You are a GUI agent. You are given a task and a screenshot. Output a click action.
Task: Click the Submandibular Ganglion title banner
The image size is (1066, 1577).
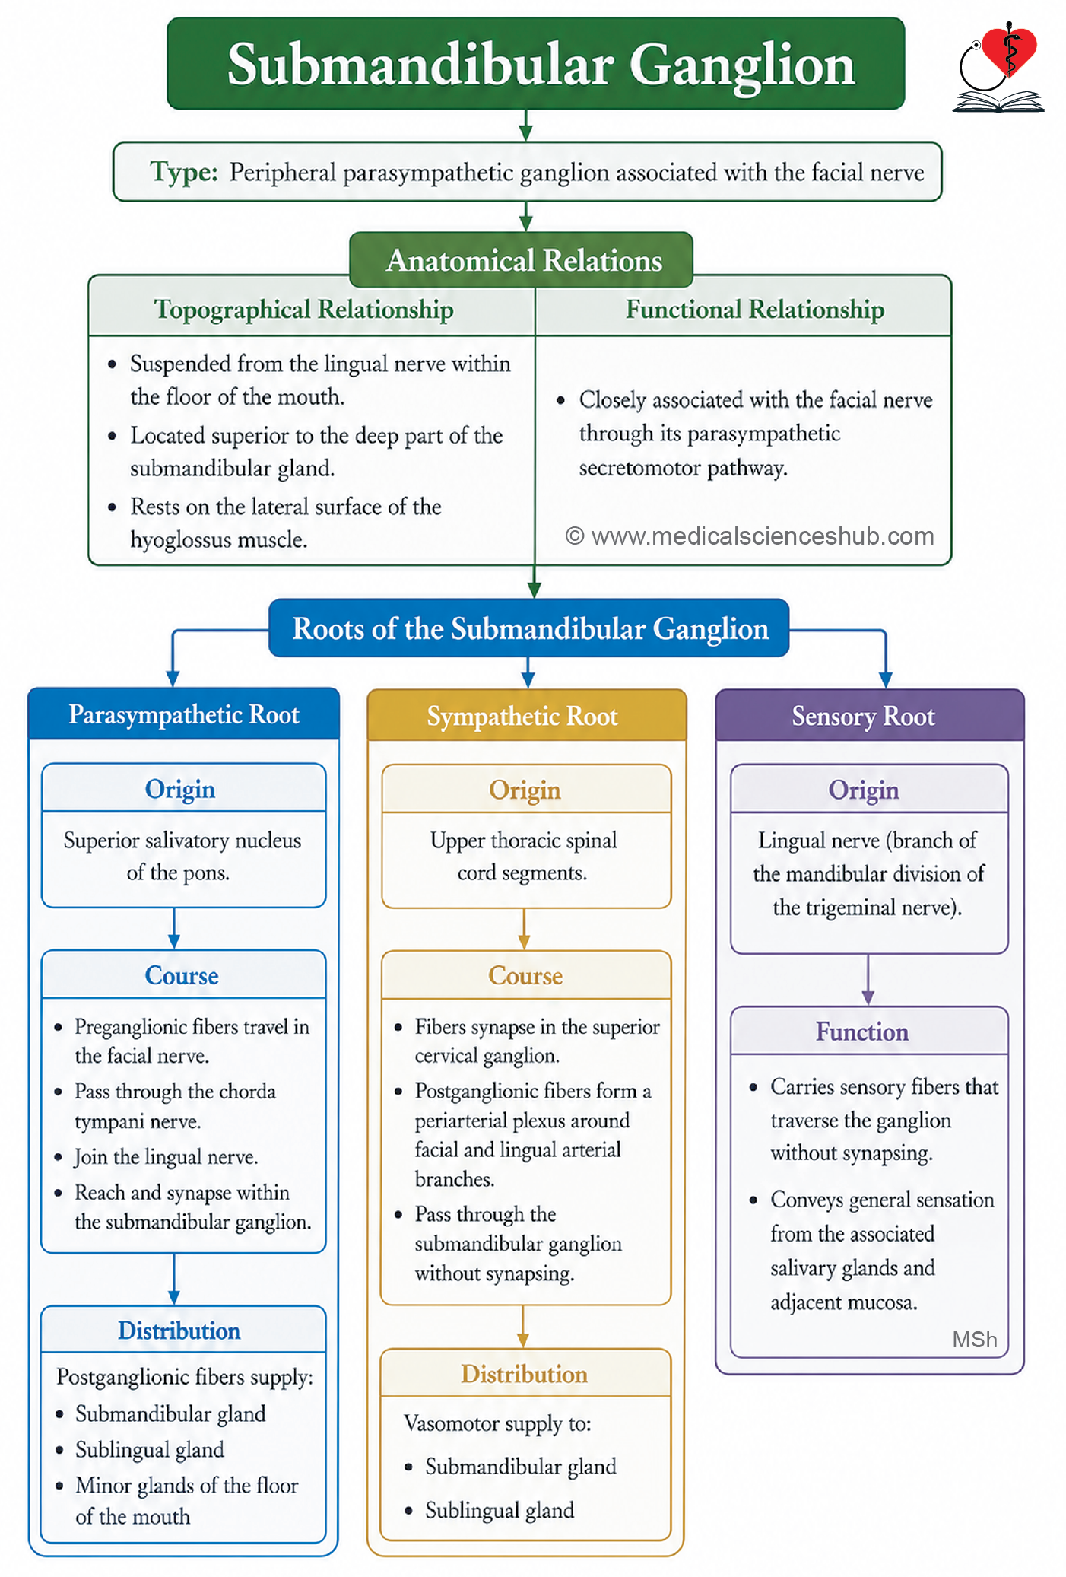[535, 64]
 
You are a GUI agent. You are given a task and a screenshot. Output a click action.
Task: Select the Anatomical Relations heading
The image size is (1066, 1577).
[524, 260]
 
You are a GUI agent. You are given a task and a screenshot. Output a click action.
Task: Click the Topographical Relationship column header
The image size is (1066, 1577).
[304, 310]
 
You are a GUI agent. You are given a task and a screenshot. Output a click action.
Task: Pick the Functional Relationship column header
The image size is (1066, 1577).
[755, 310]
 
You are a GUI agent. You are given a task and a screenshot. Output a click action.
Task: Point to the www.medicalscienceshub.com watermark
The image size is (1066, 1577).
[750, 536]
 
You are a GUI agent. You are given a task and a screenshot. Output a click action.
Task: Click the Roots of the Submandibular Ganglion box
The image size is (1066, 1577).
[530, 628]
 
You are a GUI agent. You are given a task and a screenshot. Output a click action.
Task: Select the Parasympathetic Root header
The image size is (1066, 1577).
[184, 714]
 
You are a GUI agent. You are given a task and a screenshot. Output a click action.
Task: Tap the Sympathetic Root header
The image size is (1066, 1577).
[522, 716]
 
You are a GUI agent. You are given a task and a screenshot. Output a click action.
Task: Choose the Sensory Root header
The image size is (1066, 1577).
[863, 716]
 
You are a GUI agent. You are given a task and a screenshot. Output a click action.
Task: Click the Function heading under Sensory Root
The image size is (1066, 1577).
[862, 1032]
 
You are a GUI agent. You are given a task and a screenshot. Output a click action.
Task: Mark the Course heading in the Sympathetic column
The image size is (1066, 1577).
[525, 975]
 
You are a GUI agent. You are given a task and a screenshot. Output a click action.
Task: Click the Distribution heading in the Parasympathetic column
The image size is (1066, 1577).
[179, 1331]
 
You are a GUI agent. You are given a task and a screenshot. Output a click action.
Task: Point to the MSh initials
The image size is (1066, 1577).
[975, 1340]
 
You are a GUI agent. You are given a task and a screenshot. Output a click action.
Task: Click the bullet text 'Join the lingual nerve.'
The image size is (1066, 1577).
[166, 1157]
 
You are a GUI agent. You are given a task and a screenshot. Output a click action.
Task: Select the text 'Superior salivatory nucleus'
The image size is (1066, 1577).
[182, 841]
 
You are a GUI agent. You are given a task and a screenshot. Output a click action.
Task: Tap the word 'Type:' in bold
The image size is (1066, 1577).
[184, 173]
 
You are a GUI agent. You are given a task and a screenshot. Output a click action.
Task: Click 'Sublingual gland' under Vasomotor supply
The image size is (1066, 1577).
[500, 1510]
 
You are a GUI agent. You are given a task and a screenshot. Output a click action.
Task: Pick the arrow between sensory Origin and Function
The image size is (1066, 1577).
[868, 980]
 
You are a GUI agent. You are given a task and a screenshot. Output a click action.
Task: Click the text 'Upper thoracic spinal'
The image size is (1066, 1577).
[523, 841]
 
